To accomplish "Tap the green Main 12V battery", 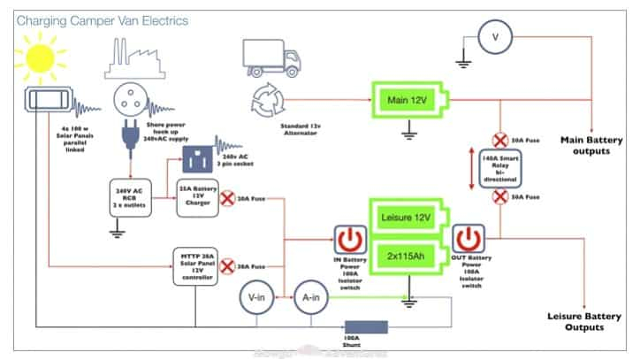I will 408,99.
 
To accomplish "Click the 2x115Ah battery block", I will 407,256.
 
